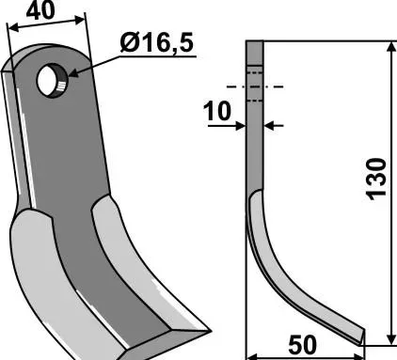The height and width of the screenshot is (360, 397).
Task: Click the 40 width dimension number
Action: (40, 9)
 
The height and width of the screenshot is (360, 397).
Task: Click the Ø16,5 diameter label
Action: (157, 43)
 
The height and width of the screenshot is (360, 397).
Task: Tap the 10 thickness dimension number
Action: (217, 111)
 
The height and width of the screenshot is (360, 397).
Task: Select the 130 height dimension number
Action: (376, 179)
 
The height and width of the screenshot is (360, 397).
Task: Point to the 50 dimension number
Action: (302, 345)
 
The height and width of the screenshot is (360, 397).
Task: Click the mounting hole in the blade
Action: (52, 80)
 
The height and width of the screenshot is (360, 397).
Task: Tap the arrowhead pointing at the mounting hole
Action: (74, 73)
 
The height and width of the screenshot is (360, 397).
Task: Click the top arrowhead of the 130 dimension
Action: (391, 48)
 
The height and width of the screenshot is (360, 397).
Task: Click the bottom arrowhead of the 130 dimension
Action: (391, 338)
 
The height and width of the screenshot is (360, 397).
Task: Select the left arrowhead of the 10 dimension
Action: (240, 126)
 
